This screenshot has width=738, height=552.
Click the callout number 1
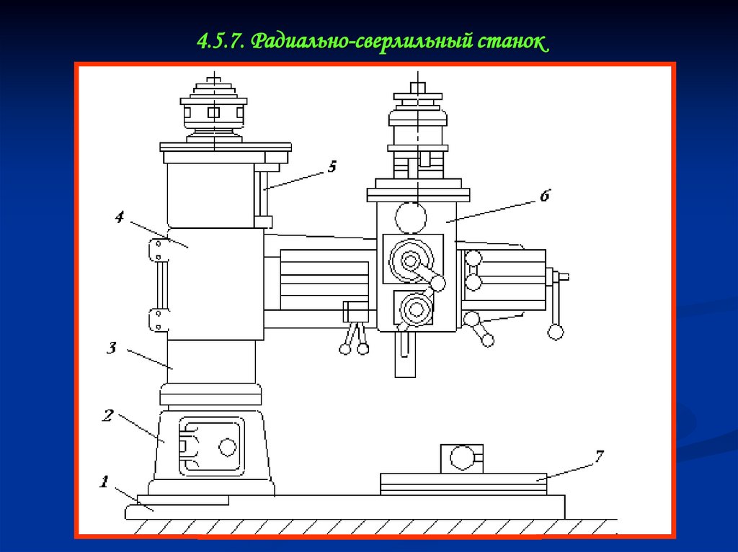pyautogui.click(x=104, y=481)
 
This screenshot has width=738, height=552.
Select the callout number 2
pyautogui.click(x=108, y=415)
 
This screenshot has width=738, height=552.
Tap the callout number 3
pyautogui.click(x=112, y=348)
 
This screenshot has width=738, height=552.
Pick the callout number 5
pyautogui.click(x=332, y=166)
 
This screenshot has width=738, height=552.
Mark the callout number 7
pyautogui.click(x=599, y=456)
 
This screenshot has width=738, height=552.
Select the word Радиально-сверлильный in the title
pyautogui.click(x=361, y=41)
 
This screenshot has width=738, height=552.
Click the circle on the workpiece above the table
pyautogui.click(x=461, y=457)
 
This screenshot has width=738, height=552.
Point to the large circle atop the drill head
pyautogui.click(x=410, y=216)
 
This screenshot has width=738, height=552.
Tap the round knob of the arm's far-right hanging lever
pyautogui.click(x=556, y=331)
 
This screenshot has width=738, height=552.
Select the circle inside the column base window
pyautogui.click(x=227, y=446)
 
